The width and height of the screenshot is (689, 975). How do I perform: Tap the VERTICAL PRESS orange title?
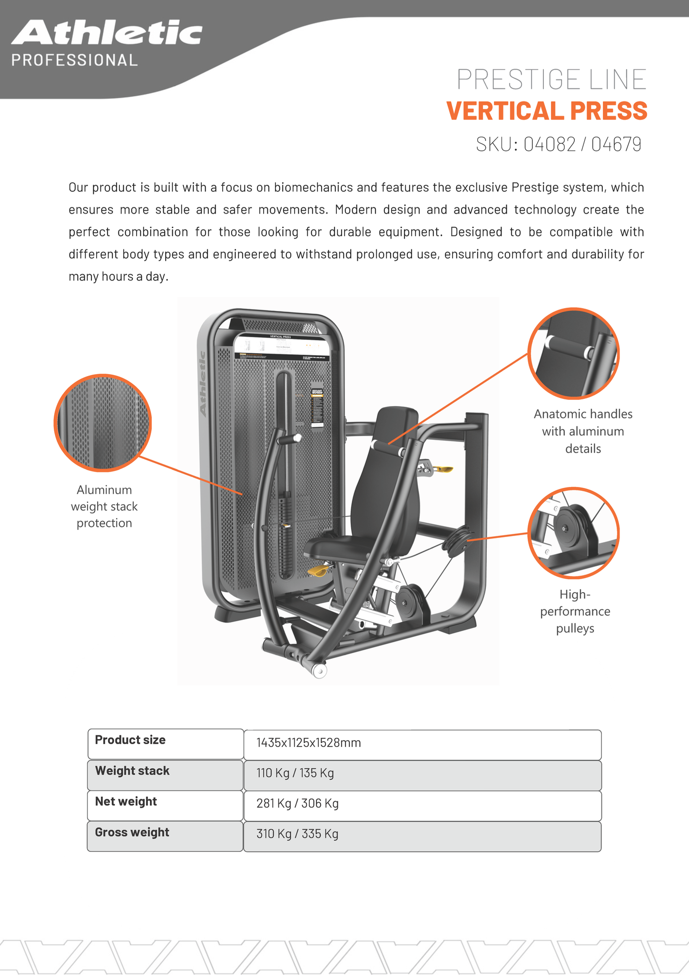[547, 111]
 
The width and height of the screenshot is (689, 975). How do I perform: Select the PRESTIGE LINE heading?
[551, 79]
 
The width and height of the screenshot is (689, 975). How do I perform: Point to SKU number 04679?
[616, 144]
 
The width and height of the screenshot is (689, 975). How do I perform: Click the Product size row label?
[130, 740]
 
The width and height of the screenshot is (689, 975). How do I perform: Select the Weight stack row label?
[132, 771]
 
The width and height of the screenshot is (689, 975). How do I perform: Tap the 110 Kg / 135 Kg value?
[295, 773]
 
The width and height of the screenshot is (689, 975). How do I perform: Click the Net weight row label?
[126, 801]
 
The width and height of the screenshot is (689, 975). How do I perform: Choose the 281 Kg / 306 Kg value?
[297, 804]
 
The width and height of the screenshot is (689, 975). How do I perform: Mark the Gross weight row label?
[132, 832]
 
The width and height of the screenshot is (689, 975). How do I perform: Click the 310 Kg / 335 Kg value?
[297, 834]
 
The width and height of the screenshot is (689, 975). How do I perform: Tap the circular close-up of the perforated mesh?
[102, 423]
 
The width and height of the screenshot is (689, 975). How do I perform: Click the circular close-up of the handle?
[573, 353]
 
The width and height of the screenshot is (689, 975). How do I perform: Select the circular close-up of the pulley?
[573, 533]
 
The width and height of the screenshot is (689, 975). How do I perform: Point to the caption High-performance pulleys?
[575, 611]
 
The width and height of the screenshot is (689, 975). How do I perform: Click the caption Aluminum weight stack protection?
[104, 507]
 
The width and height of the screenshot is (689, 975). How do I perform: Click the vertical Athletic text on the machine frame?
[203, 384]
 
